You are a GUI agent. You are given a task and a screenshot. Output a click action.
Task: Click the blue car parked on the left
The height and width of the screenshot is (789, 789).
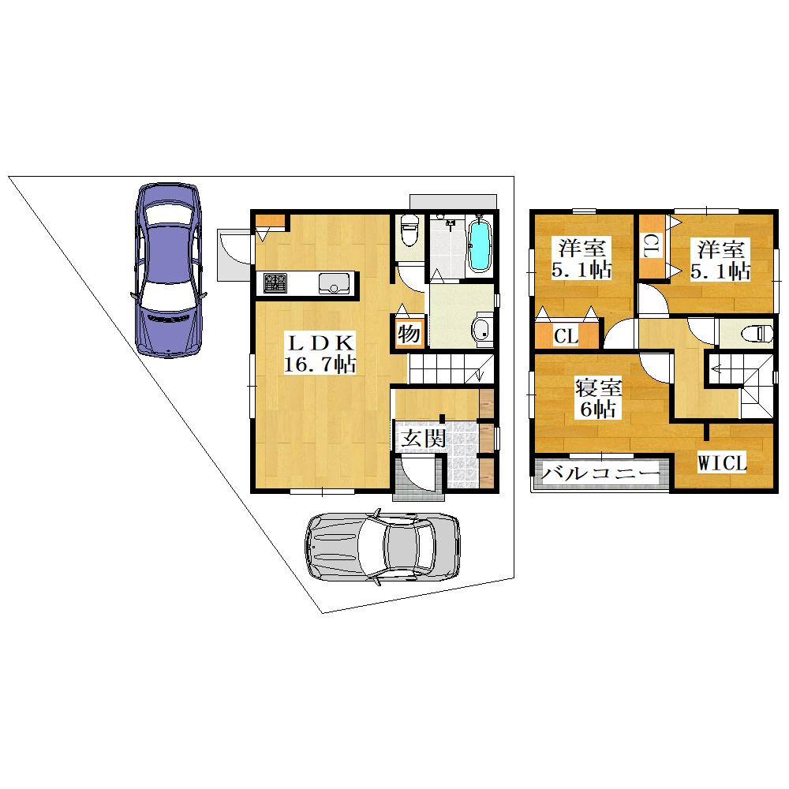(168, 271)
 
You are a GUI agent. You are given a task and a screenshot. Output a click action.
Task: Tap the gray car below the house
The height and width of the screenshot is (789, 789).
(383, 547)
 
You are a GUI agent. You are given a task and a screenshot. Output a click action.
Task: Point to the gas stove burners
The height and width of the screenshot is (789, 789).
(275, 282)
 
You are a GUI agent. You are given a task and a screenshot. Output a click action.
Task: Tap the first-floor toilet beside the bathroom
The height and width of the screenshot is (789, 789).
(409, 230)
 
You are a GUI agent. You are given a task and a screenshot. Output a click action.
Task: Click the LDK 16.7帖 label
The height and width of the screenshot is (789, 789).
(320, 353)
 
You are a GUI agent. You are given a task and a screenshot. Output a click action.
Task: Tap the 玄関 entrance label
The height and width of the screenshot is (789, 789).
(423, 439)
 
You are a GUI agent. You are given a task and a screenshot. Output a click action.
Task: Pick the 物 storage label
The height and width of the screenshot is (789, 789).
(409, 334)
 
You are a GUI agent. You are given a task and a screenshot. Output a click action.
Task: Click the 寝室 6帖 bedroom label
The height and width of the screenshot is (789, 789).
(598, 398)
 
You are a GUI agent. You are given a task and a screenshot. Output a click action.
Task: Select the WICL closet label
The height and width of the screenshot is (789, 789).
(722, 463)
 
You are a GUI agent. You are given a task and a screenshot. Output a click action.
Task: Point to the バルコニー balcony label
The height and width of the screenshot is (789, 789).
(600, 473)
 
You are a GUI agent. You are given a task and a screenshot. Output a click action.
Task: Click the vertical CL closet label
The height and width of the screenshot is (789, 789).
(650, 246)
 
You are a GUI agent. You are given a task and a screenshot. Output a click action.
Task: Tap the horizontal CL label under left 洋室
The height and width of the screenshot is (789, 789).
(566, 335)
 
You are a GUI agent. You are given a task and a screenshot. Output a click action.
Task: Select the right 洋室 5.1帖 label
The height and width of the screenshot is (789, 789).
(720, 260)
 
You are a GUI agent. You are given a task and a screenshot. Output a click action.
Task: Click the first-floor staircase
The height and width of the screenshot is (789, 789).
(451, 368)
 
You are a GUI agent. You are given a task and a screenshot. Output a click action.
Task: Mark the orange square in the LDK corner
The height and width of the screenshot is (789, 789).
(271, 222)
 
